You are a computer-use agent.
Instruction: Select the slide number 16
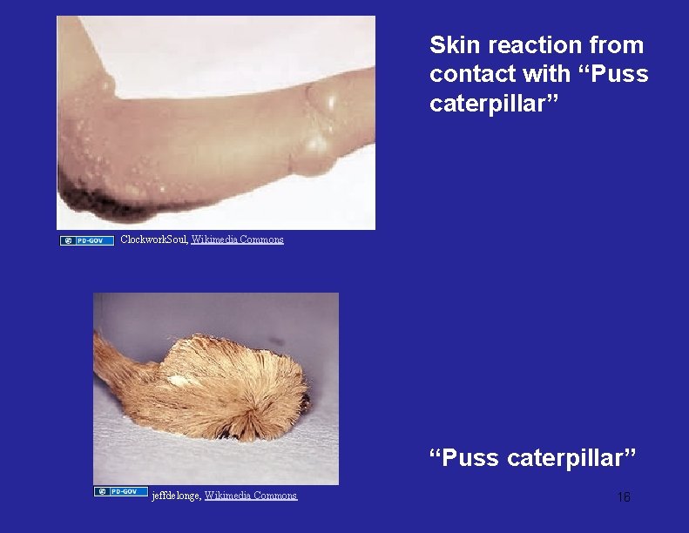click(x=624, y=497)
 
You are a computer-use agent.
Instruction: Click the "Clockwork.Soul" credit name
click(x=152, y=240)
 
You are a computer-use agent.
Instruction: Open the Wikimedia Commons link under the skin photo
click(x=237, y=240)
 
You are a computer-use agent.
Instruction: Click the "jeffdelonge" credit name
click(x=176, y=496)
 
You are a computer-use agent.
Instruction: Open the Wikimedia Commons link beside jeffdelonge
click(x=251, y=496)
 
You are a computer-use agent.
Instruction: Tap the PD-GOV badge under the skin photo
click(x=87, y=240)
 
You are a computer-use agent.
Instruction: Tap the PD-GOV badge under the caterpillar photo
click(x=121, y=492)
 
